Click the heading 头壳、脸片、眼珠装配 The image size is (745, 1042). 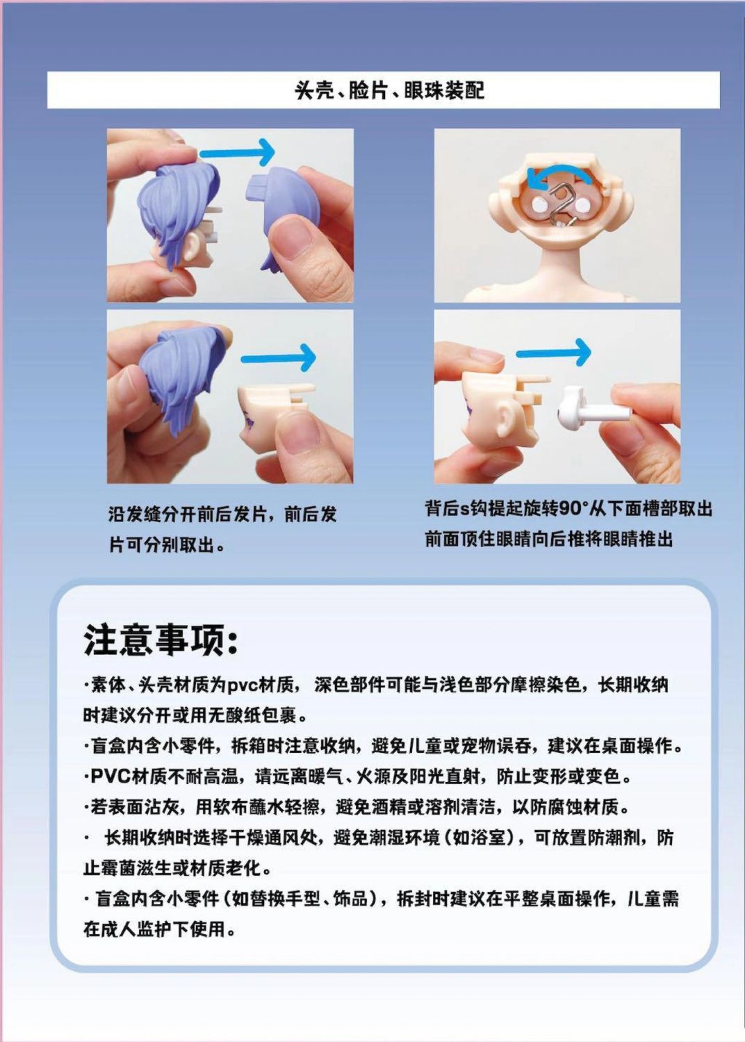pos(389,90)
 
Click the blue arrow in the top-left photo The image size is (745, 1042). pos(237,152)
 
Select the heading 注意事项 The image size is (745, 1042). pos(161,641)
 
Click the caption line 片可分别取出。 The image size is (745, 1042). pos(167,544)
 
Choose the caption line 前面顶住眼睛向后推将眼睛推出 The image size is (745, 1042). pos(549,539)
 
